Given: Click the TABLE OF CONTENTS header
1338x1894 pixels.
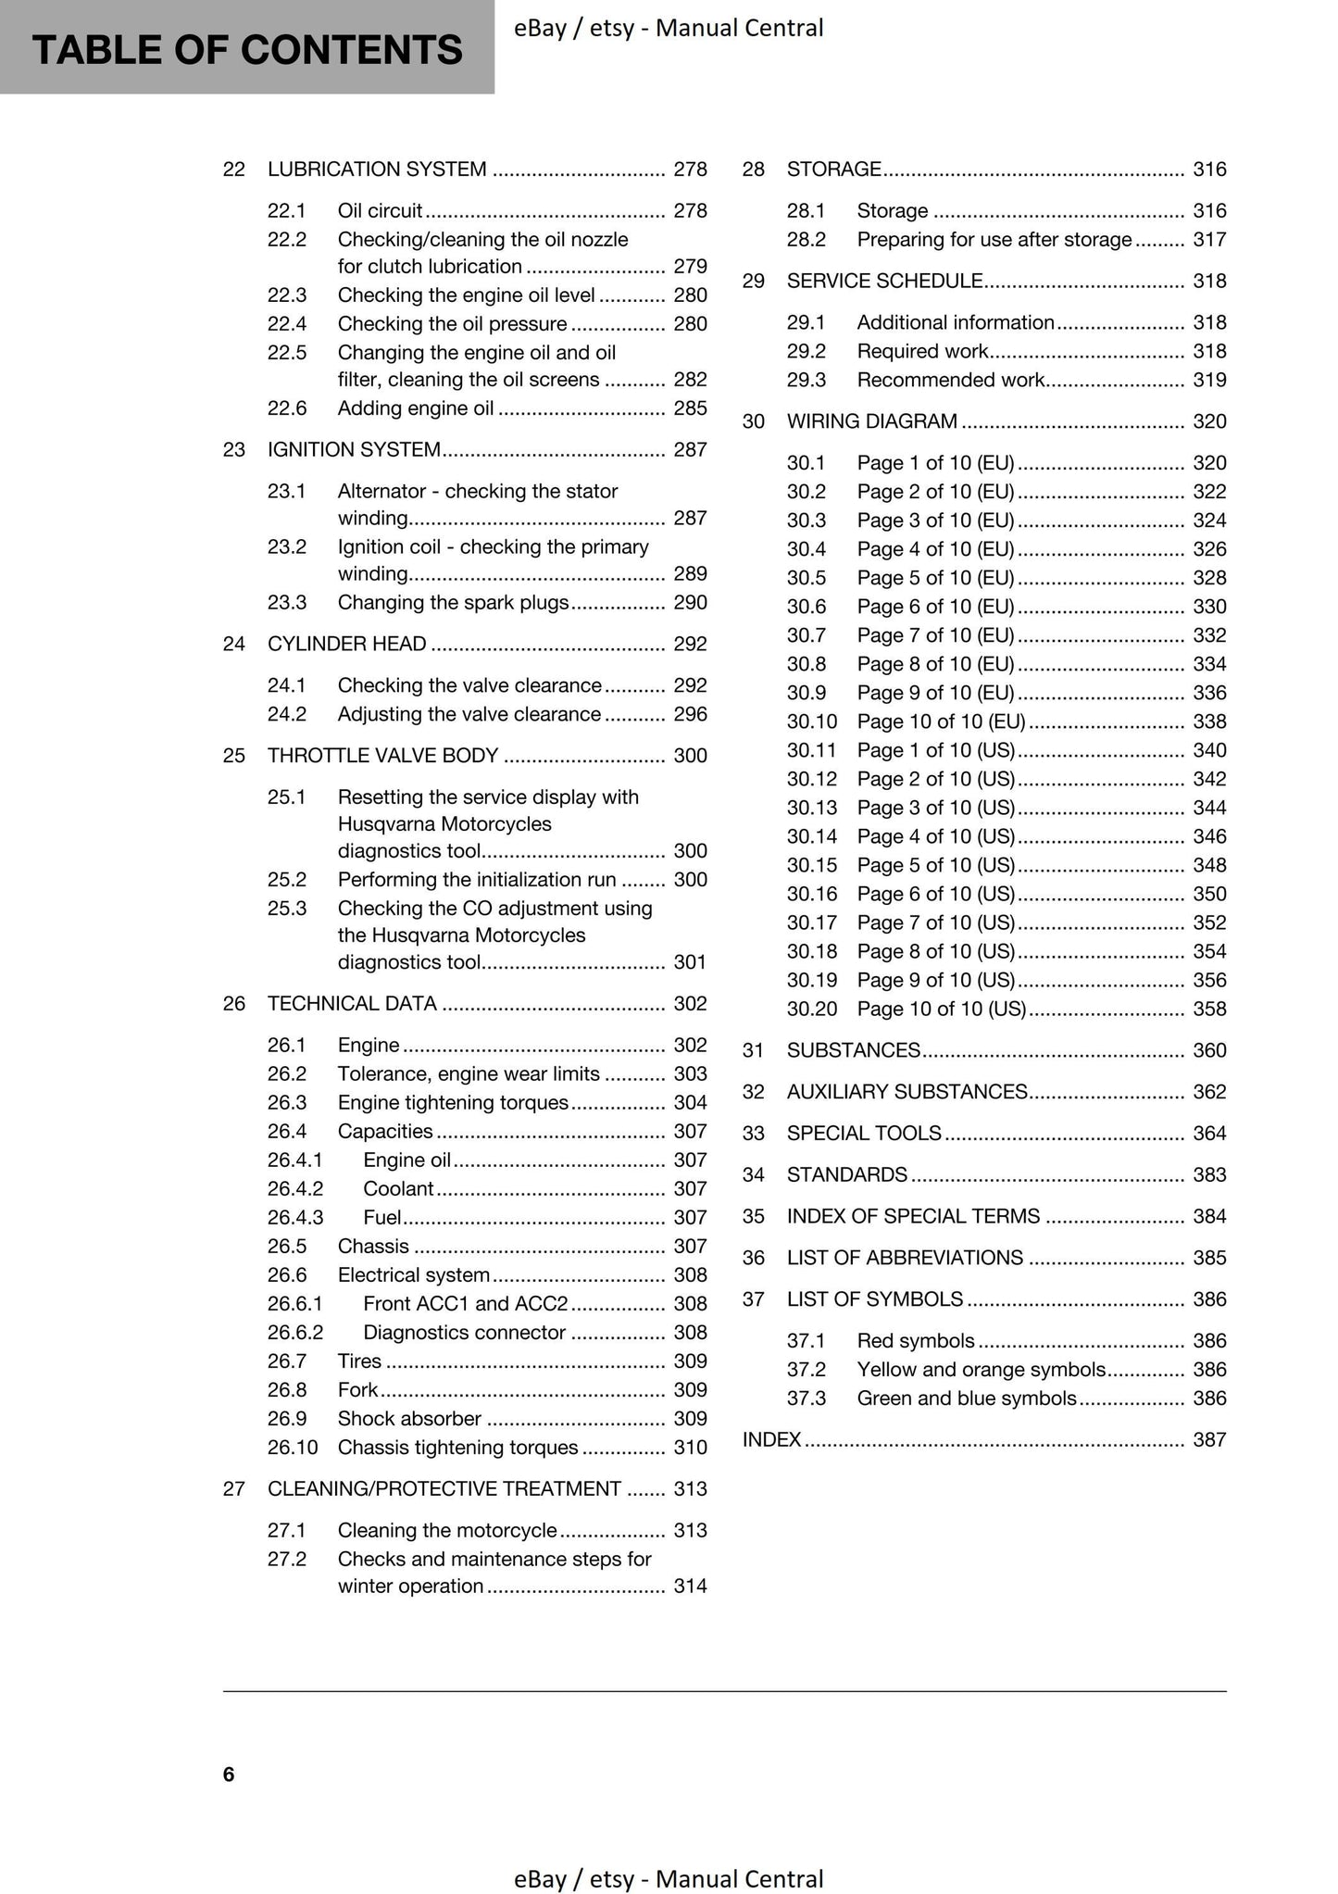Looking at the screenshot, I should [246, 49].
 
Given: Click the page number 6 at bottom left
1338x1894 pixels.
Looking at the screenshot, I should [229, 1774].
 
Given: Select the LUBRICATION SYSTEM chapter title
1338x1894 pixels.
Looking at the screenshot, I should [377, 169].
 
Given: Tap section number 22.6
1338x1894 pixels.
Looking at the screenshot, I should [286, 408].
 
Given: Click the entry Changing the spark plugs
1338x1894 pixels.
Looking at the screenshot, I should [453, 603].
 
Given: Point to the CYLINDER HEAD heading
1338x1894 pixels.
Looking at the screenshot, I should [346, 644].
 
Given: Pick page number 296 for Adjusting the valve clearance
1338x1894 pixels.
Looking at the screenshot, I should [690, 714].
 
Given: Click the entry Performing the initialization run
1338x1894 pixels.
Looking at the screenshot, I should [476, 880].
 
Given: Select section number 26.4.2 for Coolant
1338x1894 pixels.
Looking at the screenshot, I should [294, 1189].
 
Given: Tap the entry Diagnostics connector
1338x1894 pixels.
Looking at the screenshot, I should [464, 1333].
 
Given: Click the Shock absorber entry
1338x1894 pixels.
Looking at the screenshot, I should [409, 1419].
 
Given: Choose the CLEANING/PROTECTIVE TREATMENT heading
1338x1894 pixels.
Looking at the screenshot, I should [444, 1488].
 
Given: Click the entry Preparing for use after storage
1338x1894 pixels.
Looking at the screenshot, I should [994, 240].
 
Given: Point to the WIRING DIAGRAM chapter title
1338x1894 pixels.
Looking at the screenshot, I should [871, 421].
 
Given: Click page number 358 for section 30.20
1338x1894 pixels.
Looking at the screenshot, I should [1209, 1009].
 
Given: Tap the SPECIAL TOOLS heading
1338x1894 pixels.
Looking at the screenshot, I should [863, 1134].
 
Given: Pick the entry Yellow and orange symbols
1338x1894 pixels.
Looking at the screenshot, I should [981, 1370].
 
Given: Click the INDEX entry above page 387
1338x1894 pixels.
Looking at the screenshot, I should [771, 1439].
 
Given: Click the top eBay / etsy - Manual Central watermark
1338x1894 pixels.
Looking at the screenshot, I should [668, 29].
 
